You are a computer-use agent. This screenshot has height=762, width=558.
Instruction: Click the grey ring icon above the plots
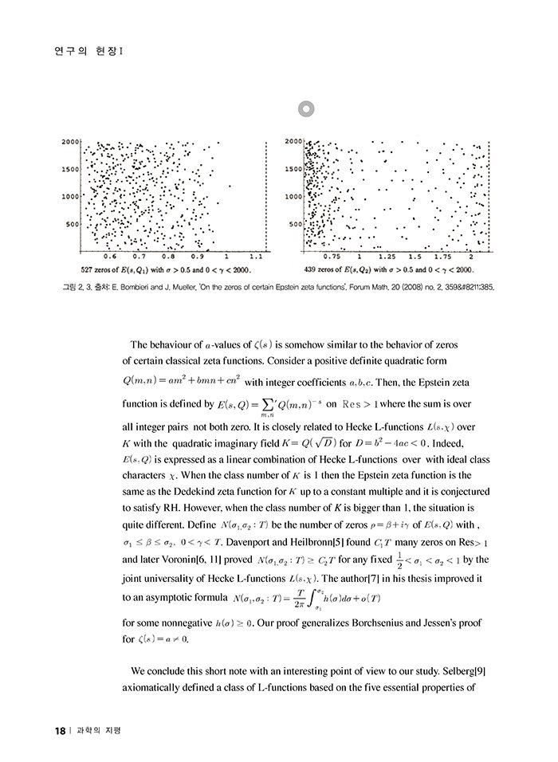point(306,109)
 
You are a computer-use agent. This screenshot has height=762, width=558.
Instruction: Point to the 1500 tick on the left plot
point(70,169)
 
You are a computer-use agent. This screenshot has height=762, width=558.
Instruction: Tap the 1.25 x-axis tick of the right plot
point(387,257)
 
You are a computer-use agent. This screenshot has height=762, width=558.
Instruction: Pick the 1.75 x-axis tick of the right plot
point(442,257)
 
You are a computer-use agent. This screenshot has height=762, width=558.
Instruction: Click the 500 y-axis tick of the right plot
point(294,224)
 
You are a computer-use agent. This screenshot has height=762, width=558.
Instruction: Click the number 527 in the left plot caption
point(88,269)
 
